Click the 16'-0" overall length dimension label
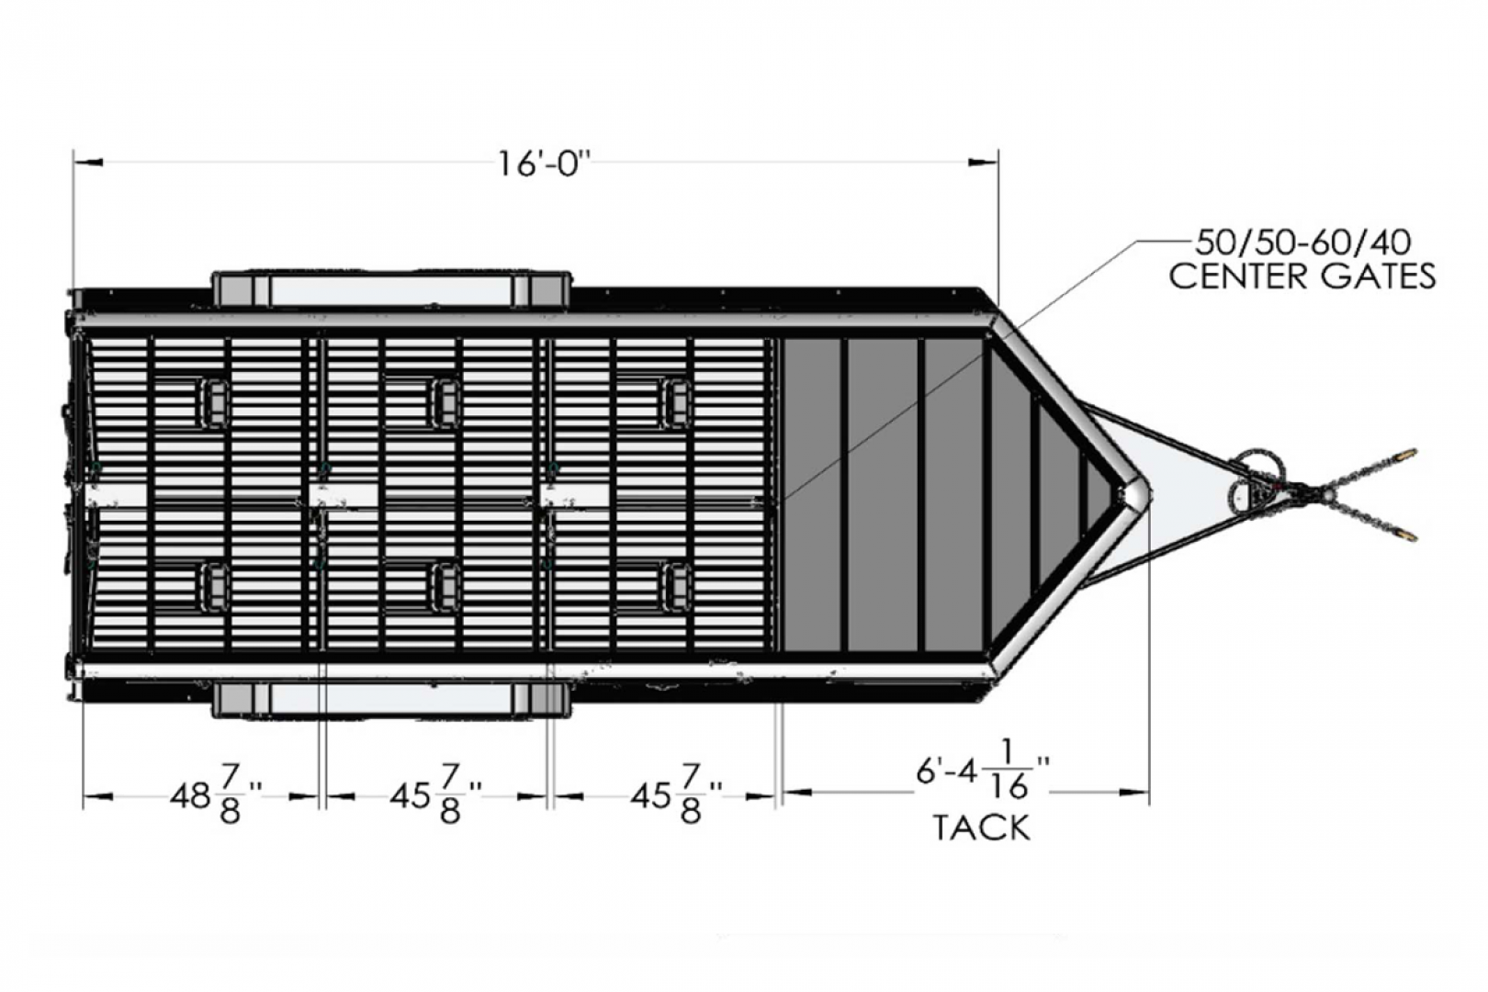coord(544,163)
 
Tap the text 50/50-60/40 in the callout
coord(1303,243)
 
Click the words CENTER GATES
coord(1302,276)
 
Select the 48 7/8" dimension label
coord(215,795)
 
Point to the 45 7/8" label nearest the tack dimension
coord(676,795)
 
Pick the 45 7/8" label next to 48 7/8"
coord(435,795)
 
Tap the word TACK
coord(982,828)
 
